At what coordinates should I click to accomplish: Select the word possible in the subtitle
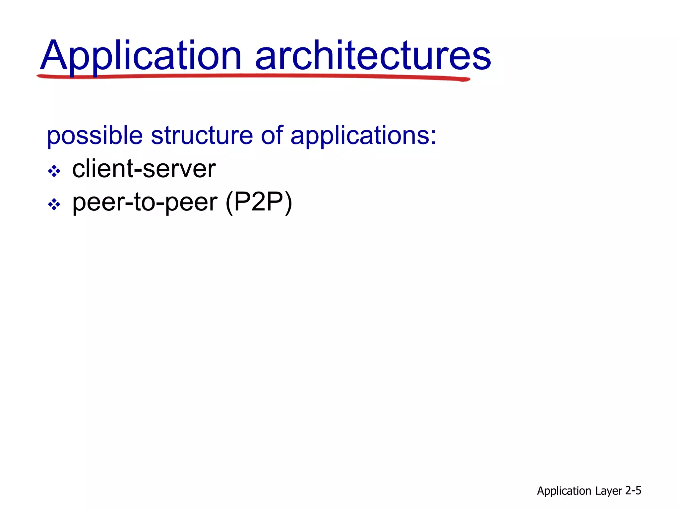coord(95,136)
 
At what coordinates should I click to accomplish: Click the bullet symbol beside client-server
coord(54,171)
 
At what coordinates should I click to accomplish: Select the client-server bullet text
coord(144,169)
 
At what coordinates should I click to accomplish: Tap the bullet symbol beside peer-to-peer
coord(54,204)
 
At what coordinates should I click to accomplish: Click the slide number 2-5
coord(633,490)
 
